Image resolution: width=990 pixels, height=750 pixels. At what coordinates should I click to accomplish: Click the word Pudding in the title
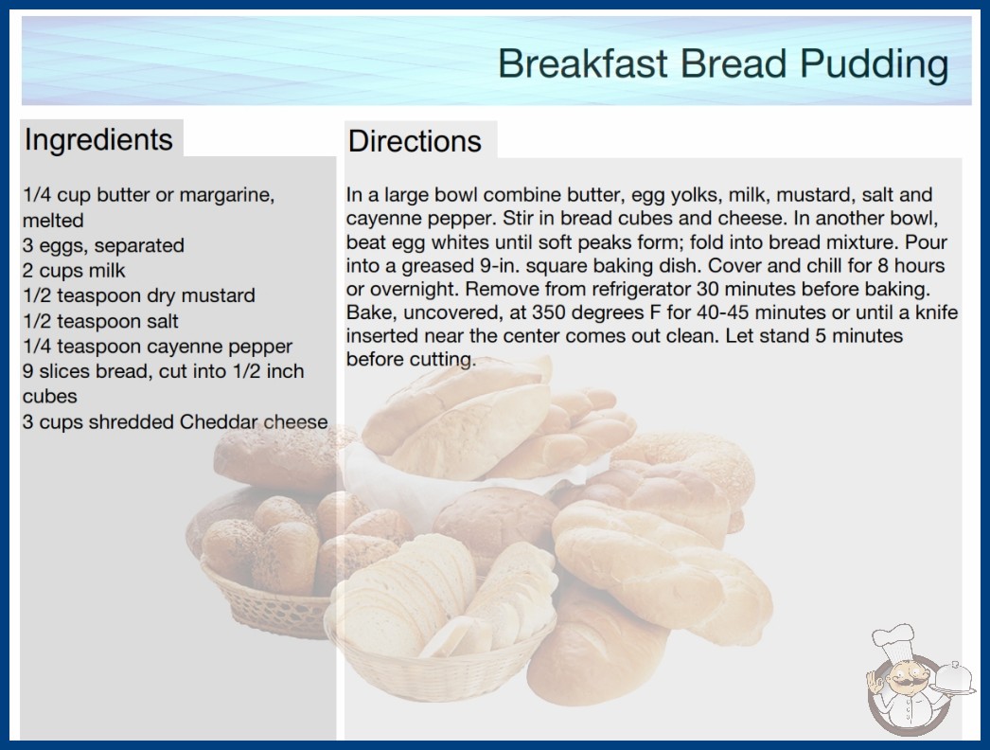tap(874, 64)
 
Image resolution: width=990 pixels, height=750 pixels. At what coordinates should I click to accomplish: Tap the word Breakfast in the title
tap(582, 63)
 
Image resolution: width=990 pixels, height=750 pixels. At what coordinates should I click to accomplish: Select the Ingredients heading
tap(98, 139)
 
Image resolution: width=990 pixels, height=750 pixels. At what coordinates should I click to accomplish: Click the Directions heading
tap(415, 141)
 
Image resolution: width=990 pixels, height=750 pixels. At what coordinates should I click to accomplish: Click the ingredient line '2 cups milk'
tap(74, 271)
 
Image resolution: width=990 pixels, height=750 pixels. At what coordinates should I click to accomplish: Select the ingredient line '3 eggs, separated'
tap(103, 245)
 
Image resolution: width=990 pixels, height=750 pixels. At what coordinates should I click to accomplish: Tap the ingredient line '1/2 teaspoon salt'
tap(100, 321)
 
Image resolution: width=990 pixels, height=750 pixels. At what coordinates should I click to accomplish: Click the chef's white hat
tap(893, 641)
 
